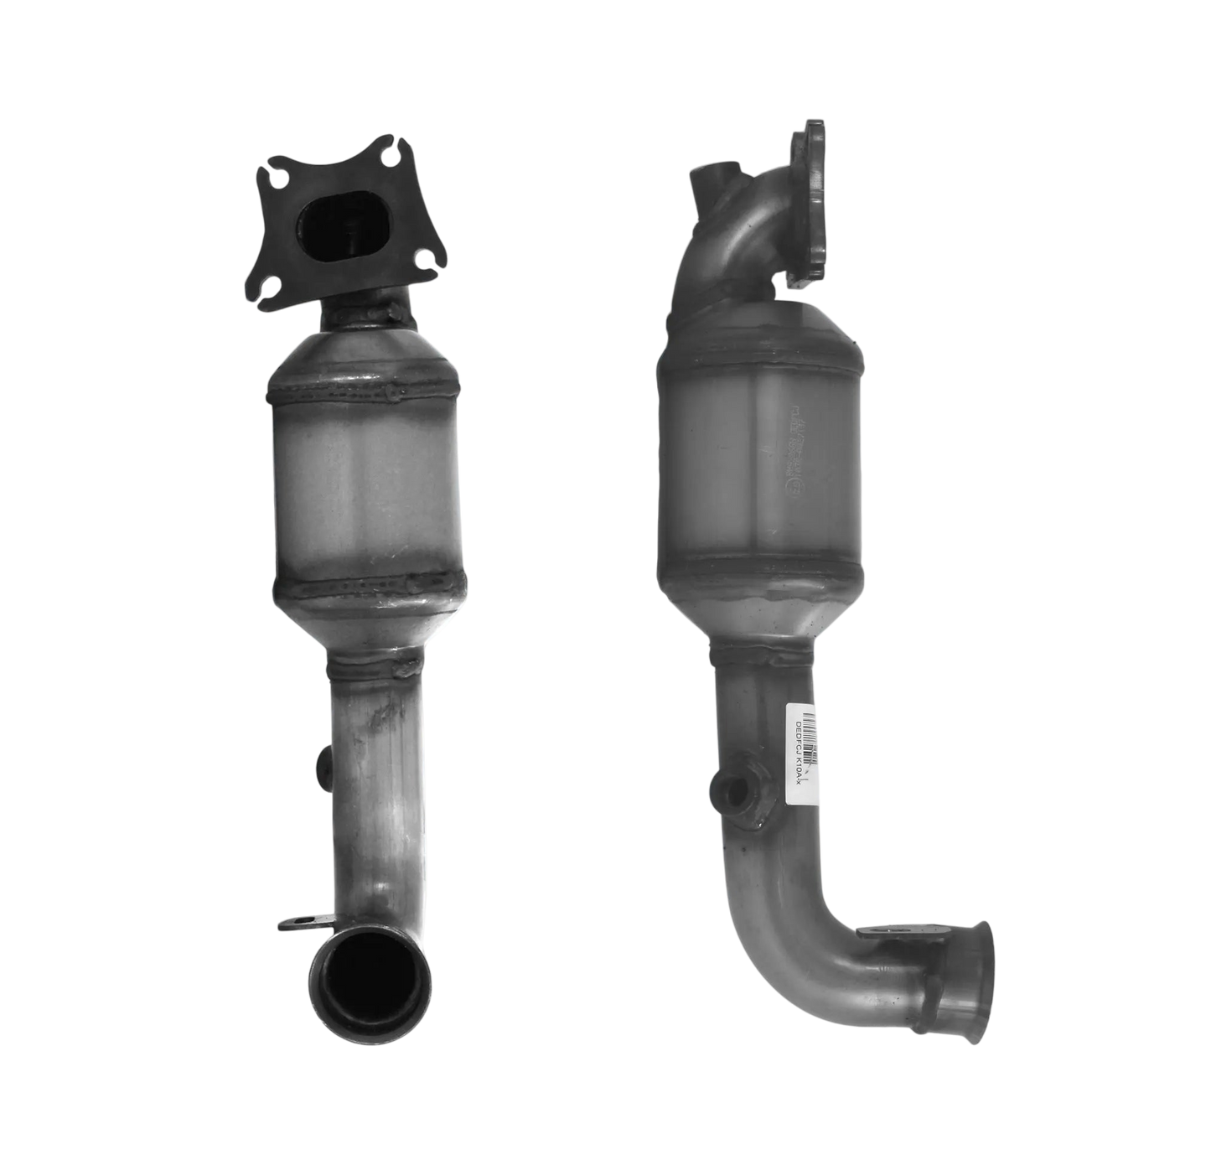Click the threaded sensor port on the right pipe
tap(727, 790)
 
